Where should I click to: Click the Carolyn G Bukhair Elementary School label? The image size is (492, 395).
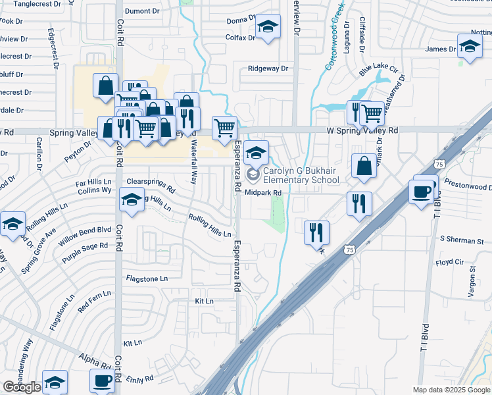(301, 174)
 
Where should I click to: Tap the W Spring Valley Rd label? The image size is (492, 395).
(362, 131)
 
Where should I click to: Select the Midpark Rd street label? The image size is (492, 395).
(263, 193)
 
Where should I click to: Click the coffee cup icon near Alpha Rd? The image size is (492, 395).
(103, 380)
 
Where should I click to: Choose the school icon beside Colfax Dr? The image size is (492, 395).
(267, 28)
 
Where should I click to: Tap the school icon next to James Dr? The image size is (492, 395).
(470, 47)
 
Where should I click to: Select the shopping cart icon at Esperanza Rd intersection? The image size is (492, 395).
(224, 127)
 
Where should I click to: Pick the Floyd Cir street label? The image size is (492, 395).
(449, 263)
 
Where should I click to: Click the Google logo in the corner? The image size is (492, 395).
(22, 387)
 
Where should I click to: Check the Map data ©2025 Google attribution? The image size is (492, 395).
(451, 390)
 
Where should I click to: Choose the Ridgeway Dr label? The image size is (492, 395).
(268, 68)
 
